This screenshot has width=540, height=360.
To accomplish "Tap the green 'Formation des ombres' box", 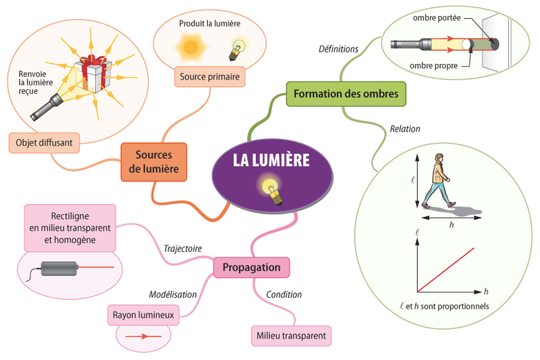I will [x=347, y=93].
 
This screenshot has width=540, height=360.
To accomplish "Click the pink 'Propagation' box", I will [x=251, y=267].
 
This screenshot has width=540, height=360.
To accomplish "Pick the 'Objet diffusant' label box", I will [x=45, y=143].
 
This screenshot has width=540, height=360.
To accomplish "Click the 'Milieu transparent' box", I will [x=291, y=335].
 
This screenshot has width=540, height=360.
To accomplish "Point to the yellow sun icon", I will [x=190, y=47].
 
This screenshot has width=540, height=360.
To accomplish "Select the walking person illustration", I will [x=440, y=181].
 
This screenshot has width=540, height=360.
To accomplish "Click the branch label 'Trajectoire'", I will [x=182, y=248].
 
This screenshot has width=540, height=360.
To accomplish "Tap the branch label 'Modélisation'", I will [x=173, y=294].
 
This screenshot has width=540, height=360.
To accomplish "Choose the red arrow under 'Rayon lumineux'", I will [x=143, y=335].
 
